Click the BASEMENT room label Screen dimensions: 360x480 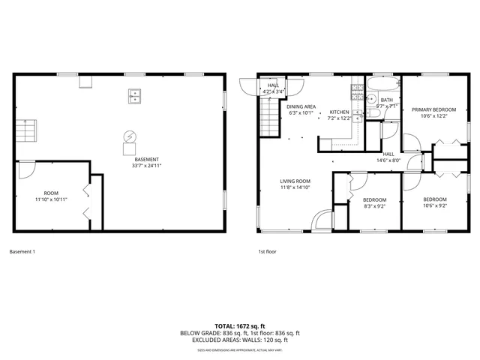pyautogui.click(x=145, y=159)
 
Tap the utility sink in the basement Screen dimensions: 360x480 pyautogui.click(x=135, y=95)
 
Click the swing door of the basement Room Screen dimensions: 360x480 pyautogui.click(x=25, y=169)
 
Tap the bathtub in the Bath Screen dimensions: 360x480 pyautogui.click(x=382, y=85)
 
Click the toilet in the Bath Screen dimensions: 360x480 pyautogui.click(x=371, y=98)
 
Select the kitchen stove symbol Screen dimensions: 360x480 pyautogui.click(x=355, y=94)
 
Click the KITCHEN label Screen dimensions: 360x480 pyautogui.click(x=340, y=112)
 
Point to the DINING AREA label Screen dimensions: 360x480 pyautogui.click(x=301, y=106)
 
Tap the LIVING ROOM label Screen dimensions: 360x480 pyautogui.click(x=295, y=181)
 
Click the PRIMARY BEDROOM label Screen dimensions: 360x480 pyautogui.click(x=433, y=110)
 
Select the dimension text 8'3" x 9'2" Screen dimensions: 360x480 pyautogui.click(x=373, y=206)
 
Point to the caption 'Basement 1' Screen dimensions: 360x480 pyautogui.click(x=22, y=252)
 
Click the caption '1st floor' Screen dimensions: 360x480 pyautogui.click(x=267, y=252)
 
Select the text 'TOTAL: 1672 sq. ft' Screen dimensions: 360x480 pyautogui.click(x=240, y=326)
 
